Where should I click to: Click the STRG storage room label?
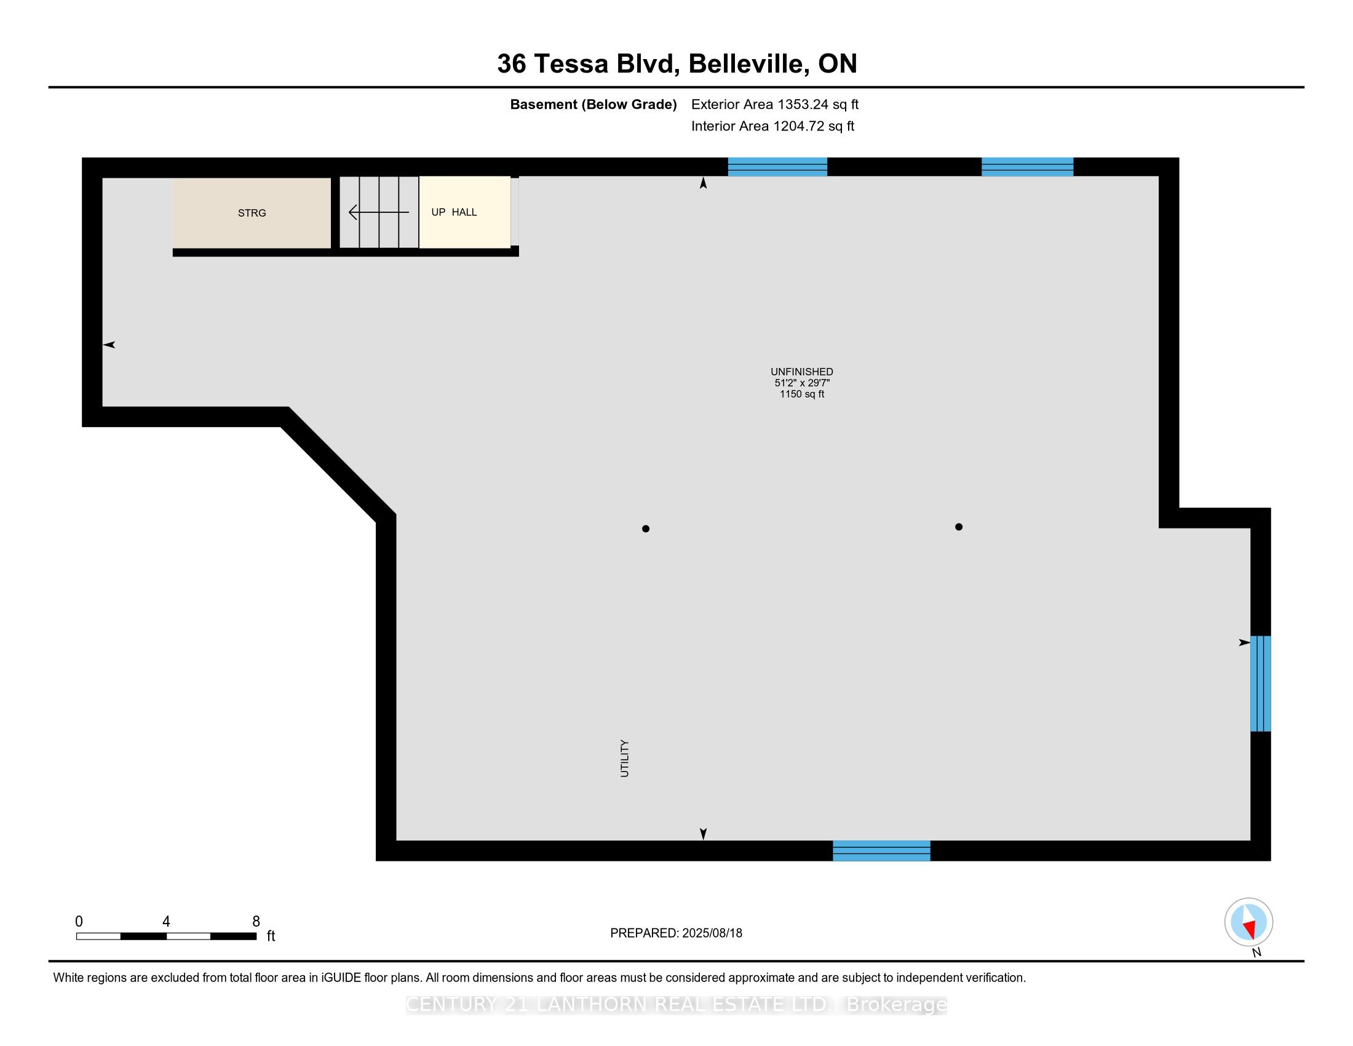pos(252,213)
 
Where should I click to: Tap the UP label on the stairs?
pos(438,212)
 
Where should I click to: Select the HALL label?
pos(464,212)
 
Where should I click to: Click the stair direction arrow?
pos(378,212)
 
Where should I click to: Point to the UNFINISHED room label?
pos(801,372)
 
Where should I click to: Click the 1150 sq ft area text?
pos(801,394)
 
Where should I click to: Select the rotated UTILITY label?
pos(624,759)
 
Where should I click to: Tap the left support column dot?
pos(646,529)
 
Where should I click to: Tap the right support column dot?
pos(958,527)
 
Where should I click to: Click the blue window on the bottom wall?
pos(881,851)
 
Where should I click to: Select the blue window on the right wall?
pos(1260,684)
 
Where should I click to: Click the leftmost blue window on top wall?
pos(777,167)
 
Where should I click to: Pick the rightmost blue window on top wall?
pos(1027,167)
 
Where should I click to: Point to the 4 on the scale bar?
pos(166,922)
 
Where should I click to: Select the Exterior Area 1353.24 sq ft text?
pos(774,105)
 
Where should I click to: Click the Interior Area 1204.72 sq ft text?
pos(772,126)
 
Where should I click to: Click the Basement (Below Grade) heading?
pos(593,105)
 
